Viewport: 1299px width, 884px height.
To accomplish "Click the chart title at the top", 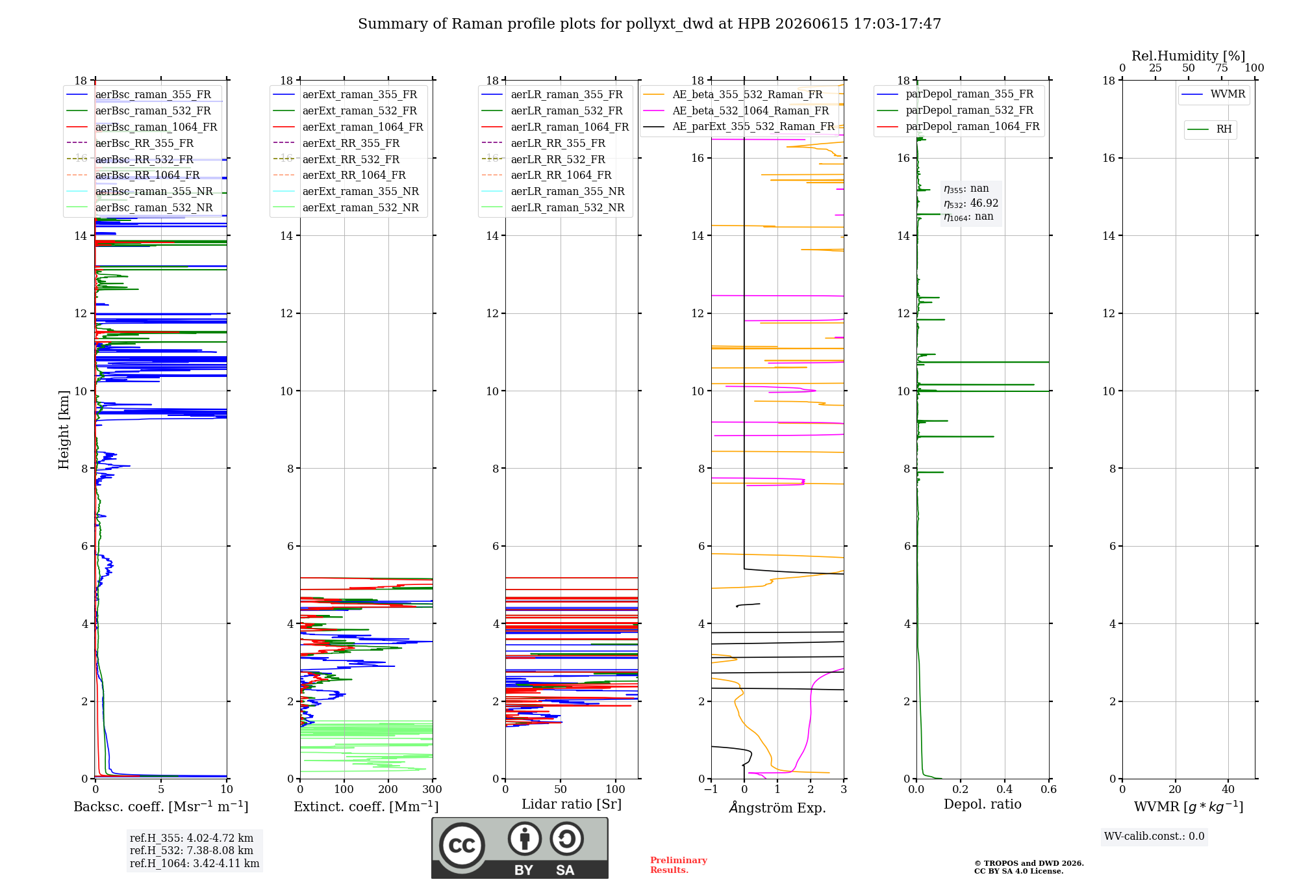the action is (649, 24).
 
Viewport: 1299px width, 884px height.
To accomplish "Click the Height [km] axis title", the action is (64, 430).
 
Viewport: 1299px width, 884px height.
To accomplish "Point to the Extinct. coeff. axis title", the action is (366, 807).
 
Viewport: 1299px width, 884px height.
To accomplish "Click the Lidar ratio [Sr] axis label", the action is (572, 804).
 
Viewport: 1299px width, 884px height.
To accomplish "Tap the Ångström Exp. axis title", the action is (777, 807).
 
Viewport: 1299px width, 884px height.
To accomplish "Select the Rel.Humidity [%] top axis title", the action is (1189, 56).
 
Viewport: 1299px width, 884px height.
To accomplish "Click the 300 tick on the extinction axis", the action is (433, 789).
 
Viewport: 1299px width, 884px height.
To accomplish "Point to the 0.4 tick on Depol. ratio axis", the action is (1005, 789).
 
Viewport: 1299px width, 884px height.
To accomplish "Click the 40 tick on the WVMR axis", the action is (1228, 789).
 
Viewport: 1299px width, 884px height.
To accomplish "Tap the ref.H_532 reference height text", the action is (192, 850).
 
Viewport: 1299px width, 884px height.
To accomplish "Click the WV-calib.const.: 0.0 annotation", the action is (1154, 837).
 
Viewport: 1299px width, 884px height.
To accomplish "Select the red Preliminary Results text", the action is (679, 865).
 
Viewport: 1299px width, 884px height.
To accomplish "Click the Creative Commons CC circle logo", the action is (462, 846).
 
